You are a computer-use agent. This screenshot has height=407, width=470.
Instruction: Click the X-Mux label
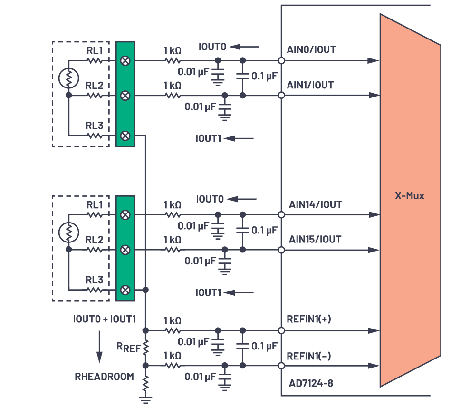pos(410,195)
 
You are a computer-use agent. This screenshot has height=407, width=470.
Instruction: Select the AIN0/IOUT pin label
pos(310,50)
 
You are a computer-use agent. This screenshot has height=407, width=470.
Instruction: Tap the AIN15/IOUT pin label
pos(315,239)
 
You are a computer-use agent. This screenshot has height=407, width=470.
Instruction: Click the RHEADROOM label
pos(104,377)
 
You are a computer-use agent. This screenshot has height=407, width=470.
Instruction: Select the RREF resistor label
pos(128,348)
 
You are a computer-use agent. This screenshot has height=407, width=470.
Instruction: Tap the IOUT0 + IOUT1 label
pos(105,319)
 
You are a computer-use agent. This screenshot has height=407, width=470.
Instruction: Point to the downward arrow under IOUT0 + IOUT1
pos(99,347)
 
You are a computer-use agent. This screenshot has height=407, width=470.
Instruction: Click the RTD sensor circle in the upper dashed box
pos(68,78)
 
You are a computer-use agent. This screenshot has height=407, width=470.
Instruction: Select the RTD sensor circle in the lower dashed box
pos(68,232)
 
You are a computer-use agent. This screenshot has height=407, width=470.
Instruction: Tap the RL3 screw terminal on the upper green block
pos(125,136)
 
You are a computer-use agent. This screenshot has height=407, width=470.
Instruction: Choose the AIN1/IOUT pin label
pos(310,86)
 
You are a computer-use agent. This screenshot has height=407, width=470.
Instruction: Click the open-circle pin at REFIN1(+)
pos(281,330)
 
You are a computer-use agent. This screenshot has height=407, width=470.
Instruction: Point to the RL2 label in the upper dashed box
pos(94,86)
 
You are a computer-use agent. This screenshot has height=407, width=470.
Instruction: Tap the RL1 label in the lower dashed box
pos(94,204)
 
